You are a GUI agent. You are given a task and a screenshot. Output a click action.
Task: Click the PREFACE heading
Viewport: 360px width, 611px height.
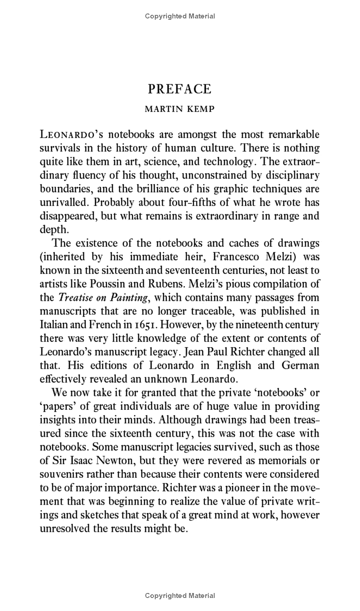tap(180, 89)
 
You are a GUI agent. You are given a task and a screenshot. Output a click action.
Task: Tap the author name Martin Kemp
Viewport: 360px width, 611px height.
tap(180, 109)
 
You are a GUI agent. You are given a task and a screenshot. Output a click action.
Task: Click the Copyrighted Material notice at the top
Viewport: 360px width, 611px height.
tap(180, 16)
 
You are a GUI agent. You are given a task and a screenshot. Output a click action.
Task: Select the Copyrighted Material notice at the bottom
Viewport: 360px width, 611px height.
tap(180, 596)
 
